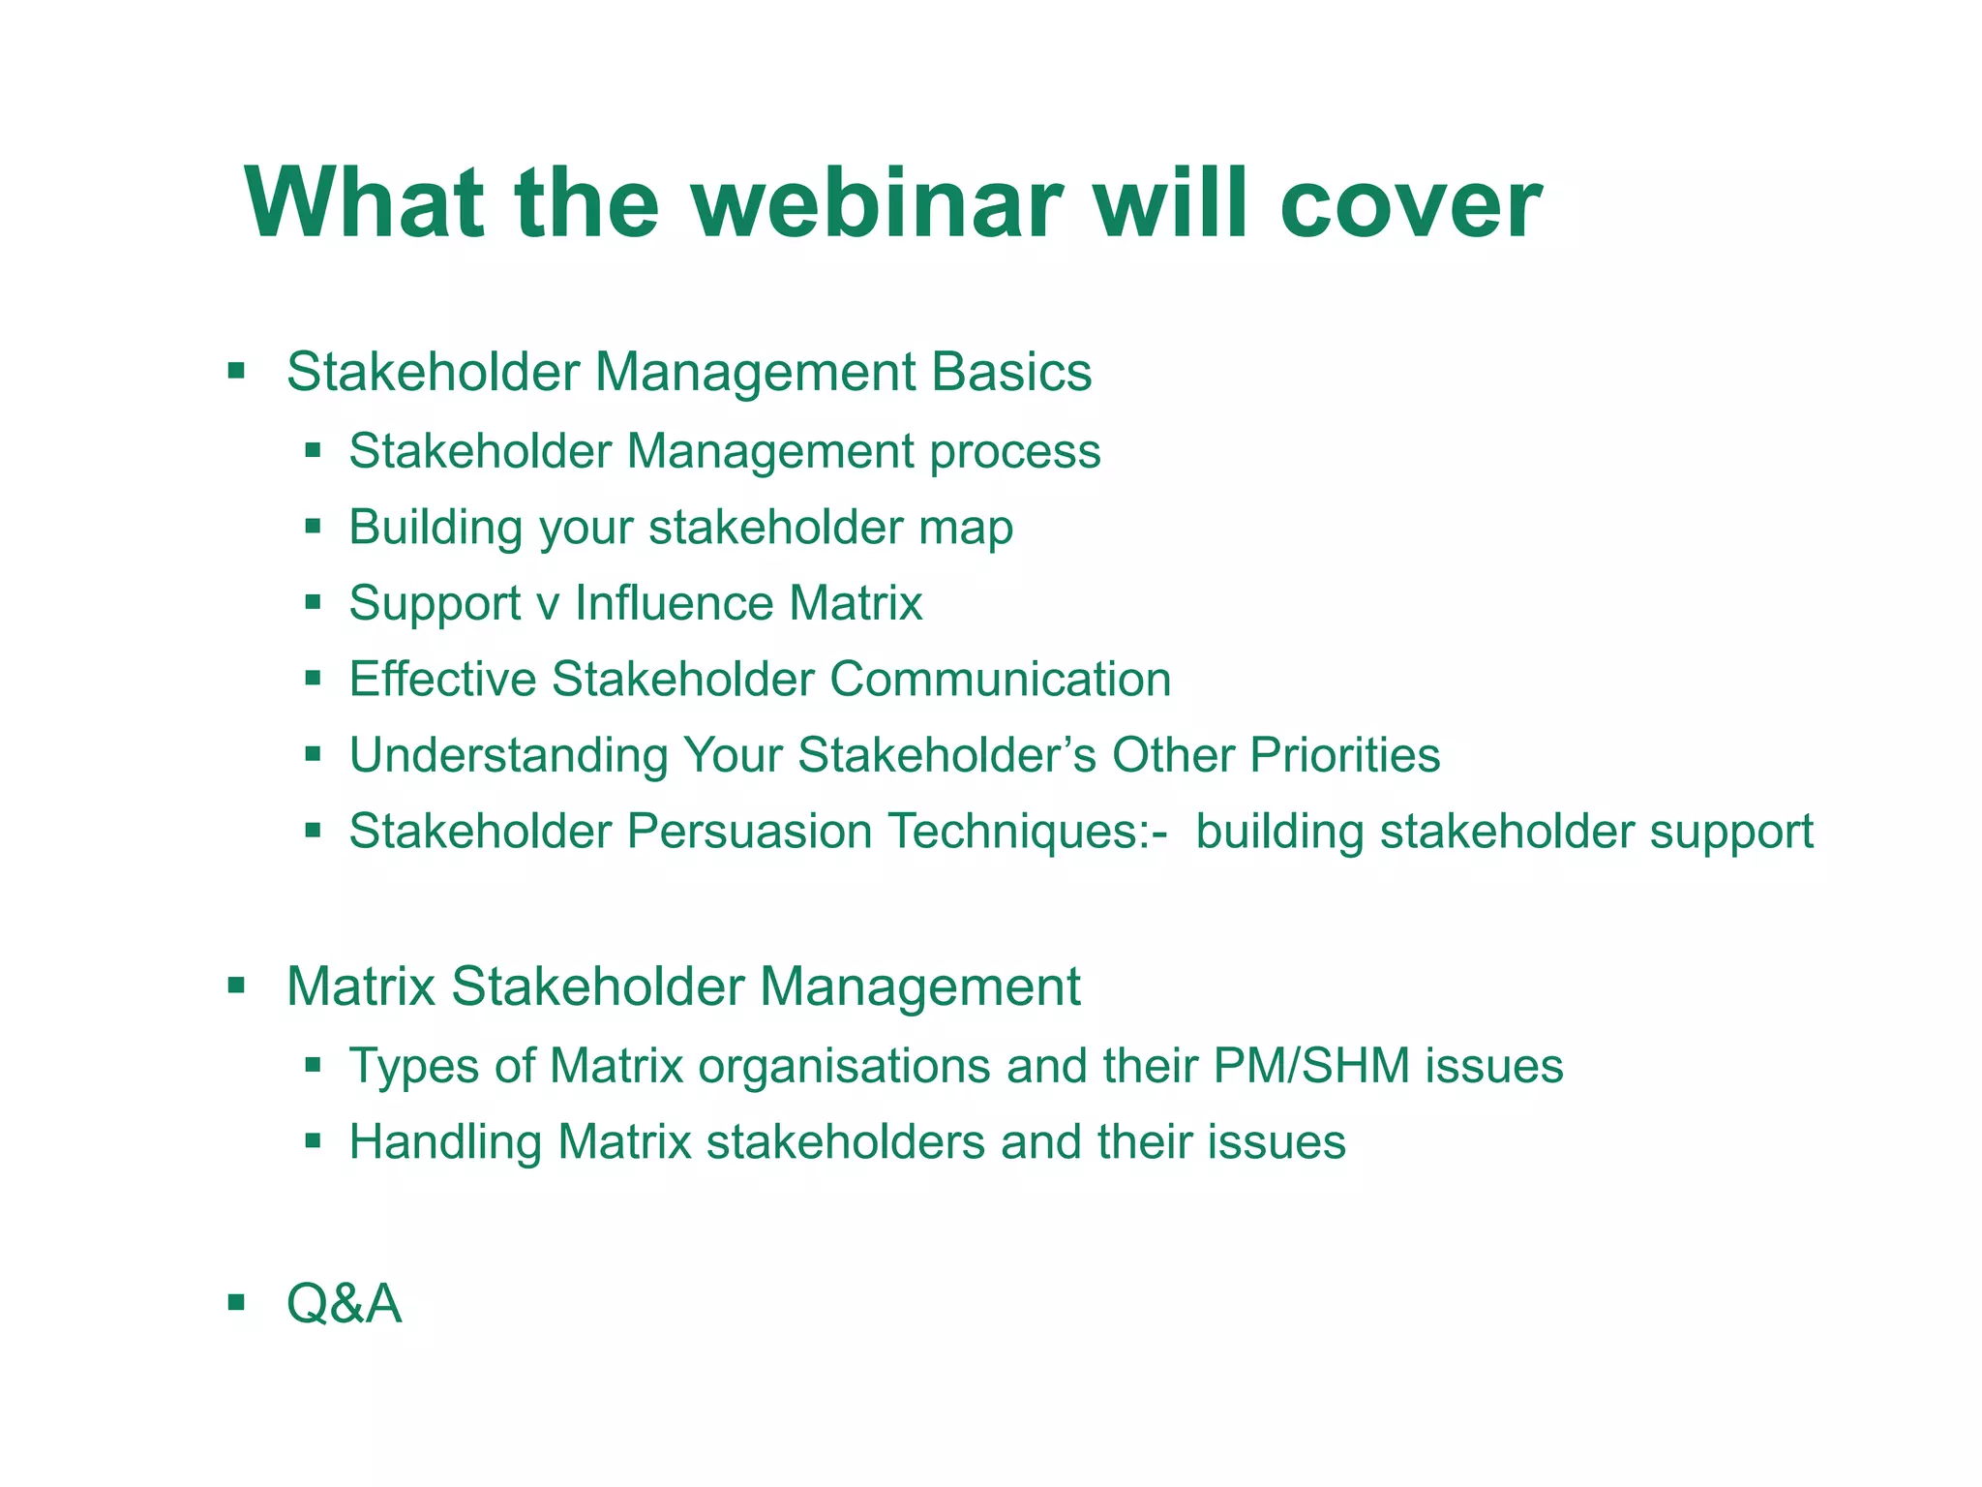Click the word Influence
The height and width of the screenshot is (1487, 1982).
(674, 603)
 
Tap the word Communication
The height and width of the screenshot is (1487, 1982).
(1001, 679)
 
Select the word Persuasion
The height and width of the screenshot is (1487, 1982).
(750, 832)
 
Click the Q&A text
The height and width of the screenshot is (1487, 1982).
(344, 1304)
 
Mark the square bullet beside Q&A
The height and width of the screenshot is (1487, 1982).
(236, 1301)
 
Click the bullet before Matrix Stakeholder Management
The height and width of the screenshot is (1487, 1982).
(236, 986)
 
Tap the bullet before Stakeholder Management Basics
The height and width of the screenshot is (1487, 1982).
(236, 370)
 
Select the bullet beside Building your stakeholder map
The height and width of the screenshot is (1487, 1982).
(312, 527)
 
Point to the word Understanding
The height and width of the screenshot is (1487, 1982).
(508, 756)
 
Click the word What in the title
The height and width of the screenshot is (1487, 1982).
(365, 204)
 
